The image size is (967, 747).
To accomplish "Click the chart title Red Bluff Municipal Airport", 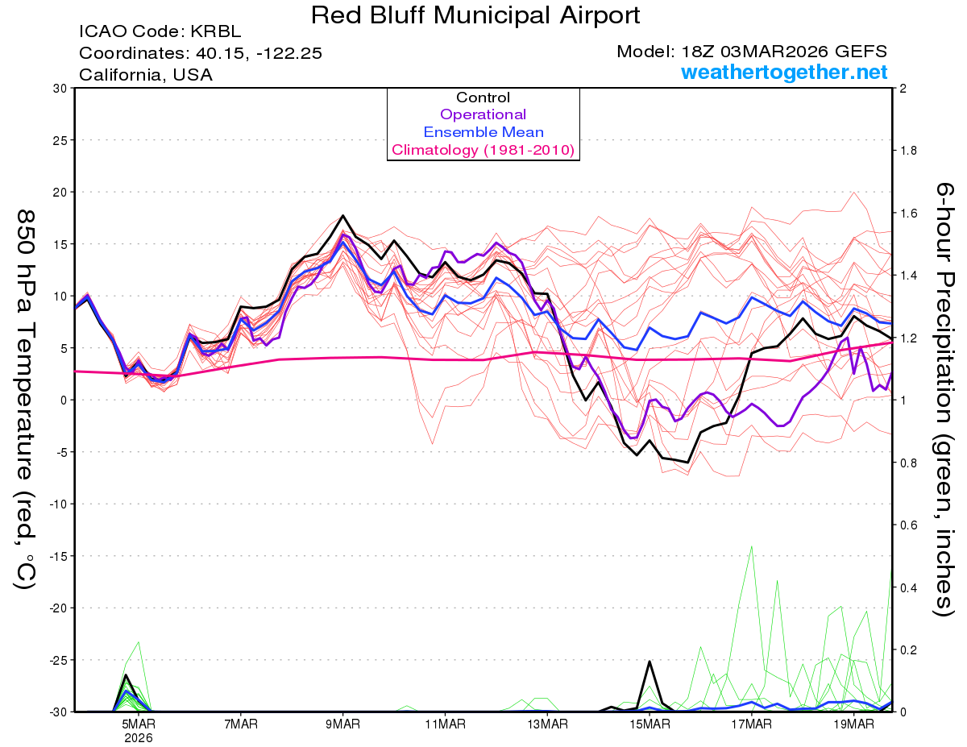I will [x=475, y=15].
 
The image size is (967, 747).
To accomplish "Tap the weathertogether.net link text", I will [x=784, y=73].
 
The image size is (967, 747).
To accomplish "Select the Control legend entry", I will [x=483, y=98].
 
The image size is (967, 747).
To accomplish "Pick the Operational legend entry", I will [x=483, y=114].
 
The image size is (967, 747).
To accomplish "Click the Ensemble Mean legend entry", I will [x=483, y=132].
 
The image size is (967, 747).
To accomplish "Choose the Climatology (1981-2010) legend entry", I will [x=483, y=150].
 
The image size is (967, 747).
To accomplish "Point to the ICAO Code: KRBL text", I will [x=160, y=32].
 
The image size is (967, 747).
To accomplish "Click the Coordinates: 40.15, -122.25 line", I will [x=201, y=53].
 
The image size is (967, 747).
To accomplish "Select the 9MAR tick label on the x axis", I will [x=343, y=724].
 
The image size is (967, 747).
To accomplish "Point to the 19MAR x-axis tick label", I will [x=854, y=724].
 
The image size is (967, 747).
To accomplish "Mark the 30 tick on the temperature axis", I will [x=59, y=88].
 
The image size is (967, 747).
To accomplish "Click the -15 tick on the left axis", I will [x=56, y=556].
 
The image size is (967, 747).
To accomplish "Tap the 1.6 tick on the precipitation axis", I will [x=908, y=214].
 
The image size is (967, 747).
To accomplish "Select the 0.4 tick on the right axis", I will [x=908, y=587].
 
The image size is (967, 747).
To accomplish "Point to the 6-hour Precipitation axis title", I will [x=944, y=399].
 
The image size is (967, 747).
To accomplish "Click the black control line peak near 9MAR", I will [x=343, y=215].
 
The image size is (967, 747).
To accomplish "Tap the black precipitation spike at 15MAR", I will [x=650, y=662].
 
